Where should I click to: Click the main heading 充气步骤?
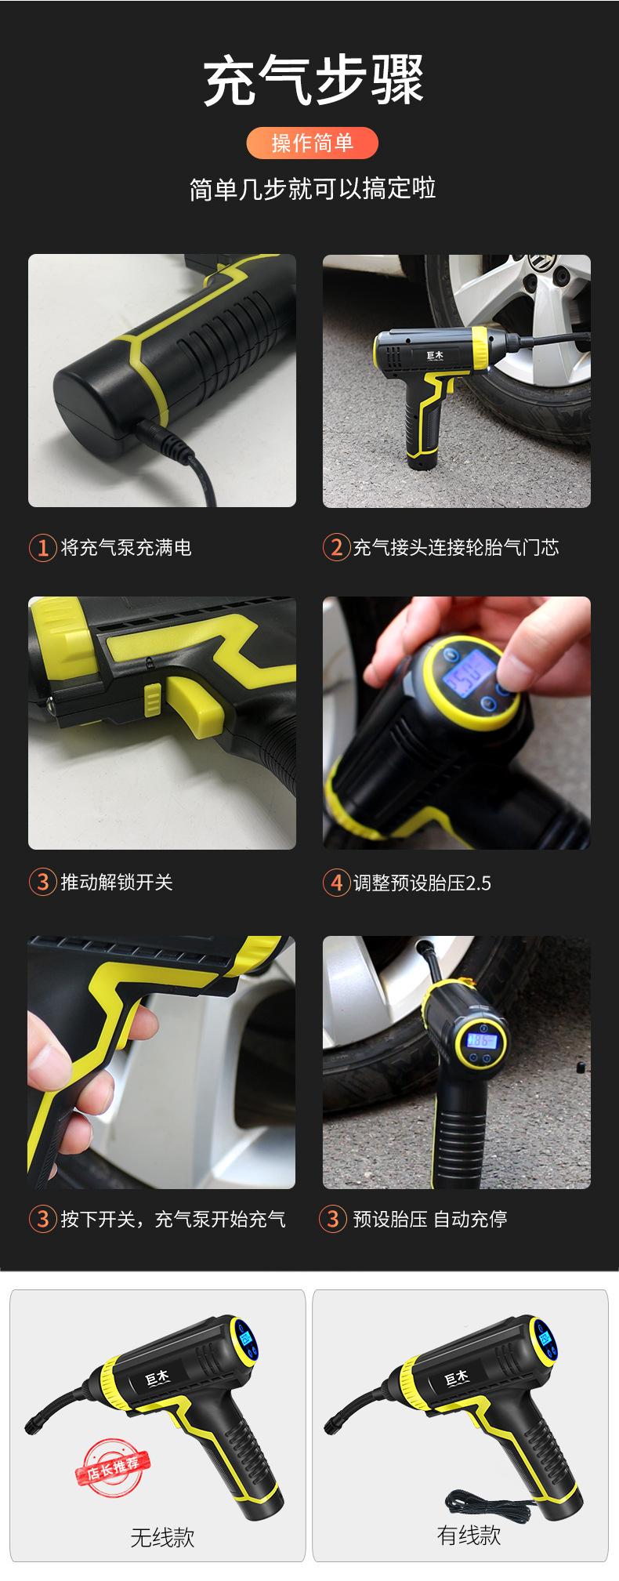[313, 80]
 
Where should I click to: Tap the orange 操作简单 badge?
[313, 143]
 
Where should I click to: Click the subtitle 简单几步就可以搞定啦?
[313, 189]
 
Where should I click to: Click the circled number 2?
[335, 547]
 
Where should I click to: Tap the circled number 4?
[335, 883]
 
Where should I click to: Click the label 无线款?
[162, 1537]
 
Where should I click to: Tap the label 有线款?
[469, 1535]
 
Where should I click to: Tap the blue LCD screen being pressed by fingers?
[468, 675]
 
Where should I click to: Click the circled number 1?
[42, 547]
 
